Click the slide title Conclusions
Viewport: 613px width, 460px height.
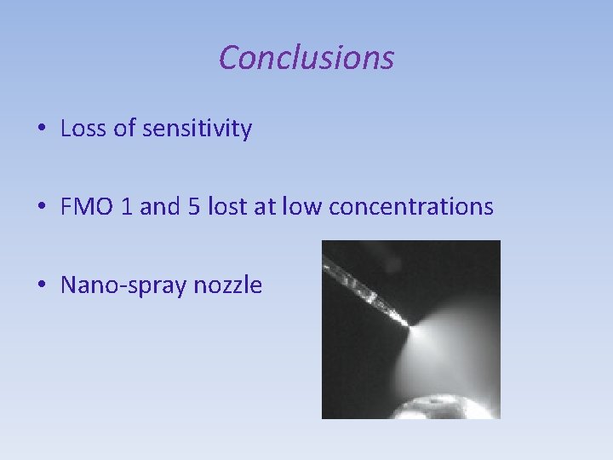click(306, 58)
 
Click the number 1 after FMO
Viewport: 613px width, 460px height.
click(127, 207)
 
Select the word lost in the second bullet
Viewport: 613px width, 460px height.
click(226, 207)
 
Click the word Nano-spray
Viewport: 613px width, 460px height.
click(123, 285)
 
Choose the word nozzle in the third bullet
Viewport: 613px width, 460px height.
click(228, 285)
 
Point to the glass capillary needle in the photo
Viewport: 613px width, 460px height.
click(366, 290)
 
